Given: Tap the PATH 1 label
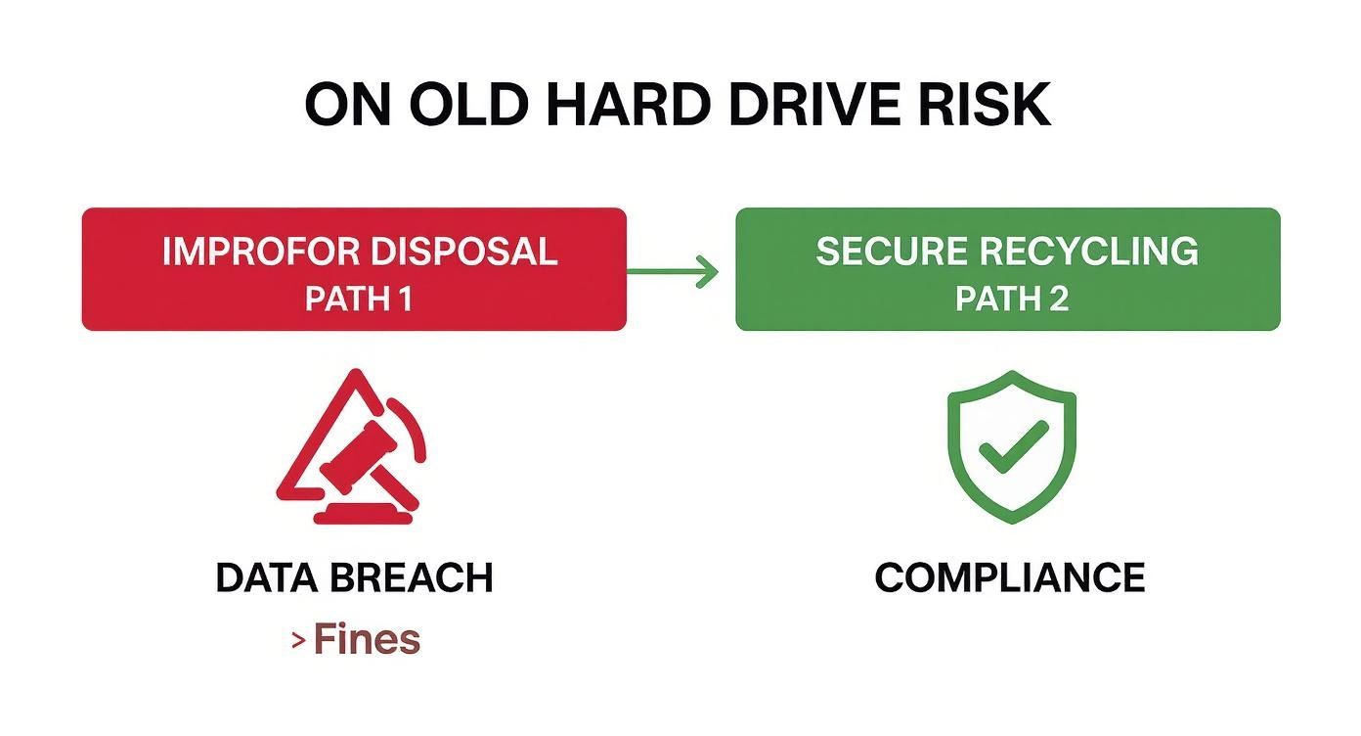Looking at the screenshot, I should (358, 299).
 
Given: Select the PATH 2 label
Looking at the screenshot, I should (1011, 299).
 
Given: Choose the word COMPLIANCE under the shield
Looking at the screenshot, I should (1010, 578).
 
